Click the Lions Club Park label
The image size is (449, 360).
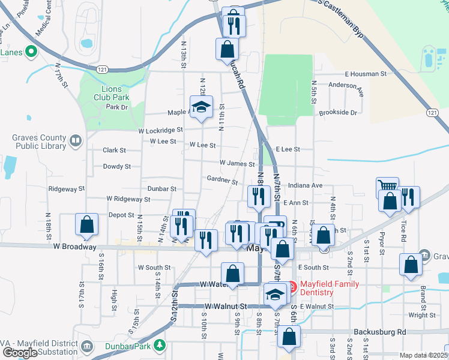(112, 93)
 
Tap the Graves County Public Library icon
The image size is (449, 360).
(76, 142)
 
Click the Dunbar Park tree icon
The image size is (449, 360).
(159, 345)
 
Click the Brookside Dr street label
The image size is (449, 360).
(338, 112)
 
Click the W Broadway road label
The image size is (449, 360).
(74, 247)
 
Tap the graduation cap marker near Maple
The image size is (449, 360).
(202, 107)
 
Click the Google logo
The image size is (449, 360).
(20, 353)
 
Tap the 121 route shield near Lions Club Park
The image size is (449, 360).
(104, 70)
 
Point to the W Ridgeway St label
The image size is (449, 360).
(128, 199)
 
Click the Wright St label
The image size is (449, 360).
(421, 315)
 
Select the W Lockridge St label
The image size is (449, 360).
(160, 130)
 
